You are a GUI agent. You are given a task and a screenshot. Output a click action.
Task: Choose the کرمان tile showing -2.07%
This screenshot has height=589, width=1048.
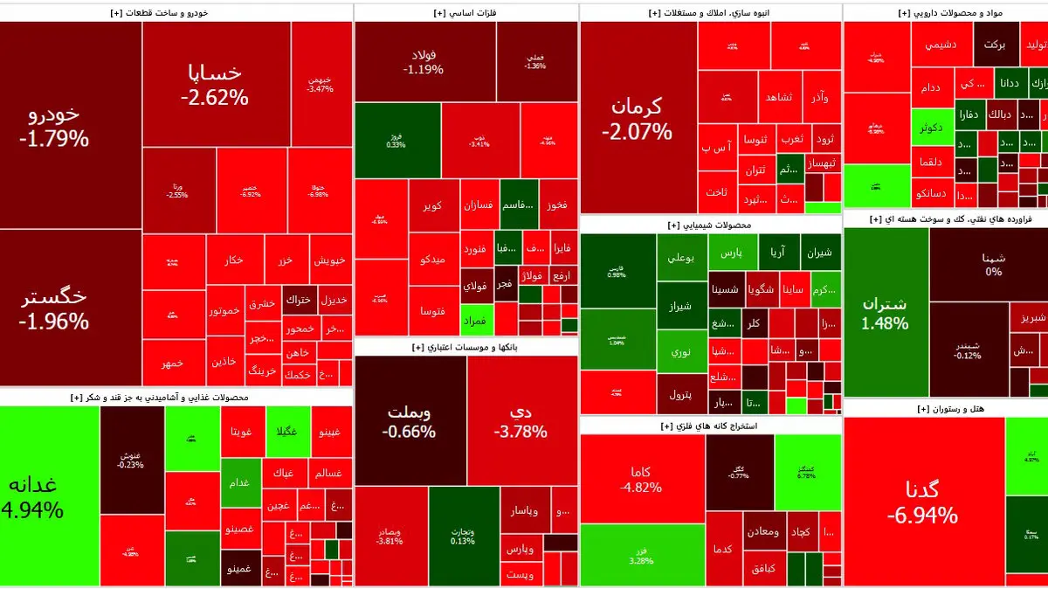(637, 118)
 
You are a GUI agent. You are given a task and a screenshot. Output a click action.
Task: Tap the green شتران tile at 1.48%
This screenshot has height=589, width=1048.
(885, 313)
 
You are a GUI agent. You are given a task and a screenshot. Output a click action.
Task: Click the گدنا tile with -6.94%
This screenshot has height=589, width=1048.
(922, 502)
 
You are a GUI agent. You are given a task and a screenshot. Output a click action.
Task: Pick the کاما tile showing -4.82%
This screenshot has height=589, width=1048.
(641, 479)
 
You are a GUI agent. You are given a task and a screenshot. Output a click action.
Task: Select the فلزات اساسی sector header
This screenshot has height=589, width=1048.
(464, 13)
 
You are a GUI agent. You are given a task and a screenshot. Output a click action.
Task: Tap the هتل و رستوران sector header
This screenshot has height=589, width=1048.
(945, 409)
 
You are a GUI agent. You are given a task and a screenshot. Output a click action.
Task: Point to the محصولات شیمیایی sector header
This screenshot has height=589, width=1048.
(709, 225)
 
